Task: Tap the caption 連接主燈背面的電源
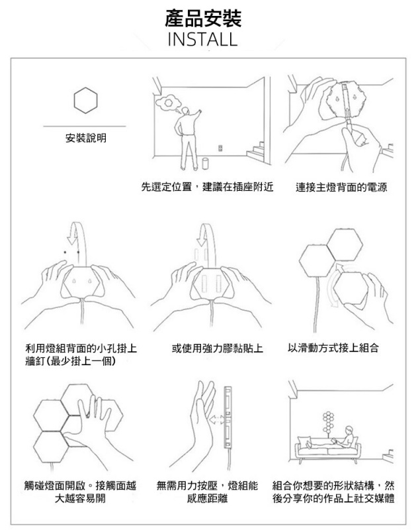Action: tap(341, 188)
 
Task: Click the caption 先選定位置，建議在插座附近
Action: tap(207, 188)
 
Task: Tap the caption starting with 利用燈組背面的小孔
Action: tap(81, 354)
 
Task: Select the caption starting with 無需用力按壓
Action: tap(207, 492)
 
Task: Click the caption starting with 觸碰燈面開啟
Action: tap(81, 492)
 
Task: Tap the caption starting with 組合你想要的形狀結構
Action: tap(334, 492)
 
